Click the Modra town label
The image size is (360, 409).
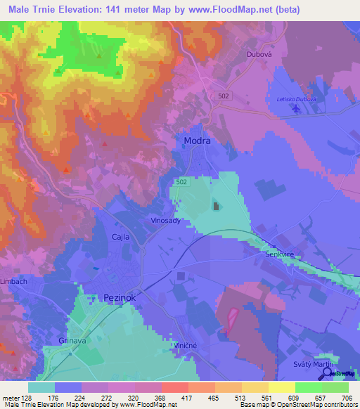coord(196,141)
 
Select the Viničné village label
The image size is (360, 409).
coord(188,346)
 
